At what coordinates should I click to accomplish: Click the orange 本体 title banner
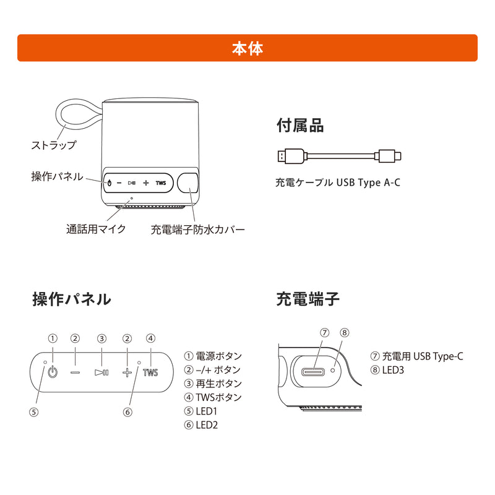pyautogui.click(x=247, y=48)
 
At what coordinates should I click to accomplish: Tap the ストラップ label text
pyautogui.click(x=54, y=145)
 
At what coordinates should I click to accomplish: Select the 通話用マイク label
pyautogui.click(x=96, y=229)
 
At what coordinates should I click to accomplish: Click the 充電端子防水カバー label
pyautogui.click(x=198, y=229)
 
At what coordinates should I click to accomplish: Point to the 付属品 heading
pyautogui.click(x=299, y=126)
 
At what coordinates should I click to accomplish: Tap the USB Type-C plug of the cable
pyautogui.click(x=390, y=156)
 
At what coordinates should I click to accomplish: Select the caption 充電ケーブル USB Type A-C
pyautogui.click(x=338, y=183)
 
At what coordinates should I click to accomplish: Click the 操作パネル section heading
pyautogui.click(x=71, y=299)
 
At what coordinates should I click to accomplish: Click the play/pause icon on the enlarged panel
pyautogui.click(x=101, y=372)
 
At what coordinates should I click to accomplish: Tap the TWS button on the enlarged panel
pyautogui.click(x=150, y=372)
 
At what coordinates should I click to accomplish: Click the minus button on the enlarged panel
pyautogui.click(x=75, y=372)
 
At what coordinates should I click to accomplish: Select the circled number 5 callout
pyautogui.click(x=34, y=411)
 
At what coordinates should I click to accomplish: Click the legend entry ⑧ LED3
pyautogui.click(x=387, y=370)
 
